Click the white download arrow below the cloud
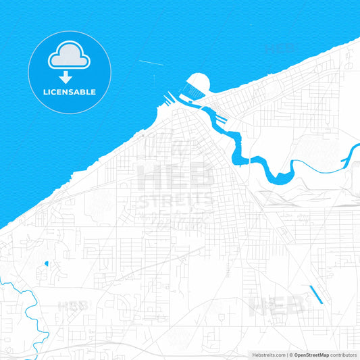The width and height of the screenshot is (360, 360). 66,77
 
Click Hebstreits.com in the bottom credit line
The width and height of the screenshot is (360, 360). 269,355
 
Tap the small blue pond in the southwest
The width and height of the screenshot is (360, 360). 46,263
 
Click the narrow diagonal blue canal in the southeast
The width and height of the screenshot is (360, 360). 315,294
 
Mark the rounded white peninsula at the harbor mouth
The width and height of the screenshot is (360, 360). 199,84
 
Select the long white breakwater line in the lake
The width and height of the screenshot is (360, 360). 151,63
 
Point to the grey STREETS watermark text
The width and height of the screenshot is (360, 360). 175,200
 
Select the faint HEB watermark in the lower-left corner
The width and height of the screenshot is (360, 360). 73,305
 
